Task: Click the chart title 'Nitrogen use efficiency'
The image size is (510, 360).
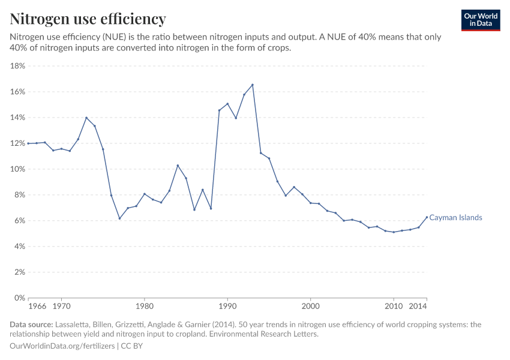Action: click(88, 19)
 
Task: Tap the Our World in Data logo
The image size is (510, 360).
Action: click(480, 20)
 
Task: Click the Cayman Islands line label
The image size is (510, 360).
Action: click(455, 218)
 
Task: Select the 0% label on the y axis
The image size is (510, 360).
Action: click(19, 298)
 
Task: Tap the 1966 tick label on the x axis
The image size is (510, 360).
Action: click(37, 307)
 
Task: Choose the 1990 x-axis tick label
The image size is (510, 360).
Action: click(227, 307)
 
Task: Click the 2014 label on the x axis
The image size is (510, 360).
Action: click(418, 307)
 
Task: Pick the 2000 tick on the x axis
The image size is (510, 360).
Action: click(310, 307)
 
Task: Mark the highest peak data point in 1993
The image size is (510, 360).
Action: click(252, 85)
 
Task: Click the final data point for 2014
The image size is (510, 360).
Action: click(427, 217)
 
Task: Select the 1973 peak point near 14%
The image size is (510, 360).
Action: click(86, 118)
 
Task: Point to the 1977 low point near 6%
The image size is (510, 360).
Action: click(119, 218)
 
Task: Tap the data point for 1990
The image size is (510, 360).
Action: click(227, 104)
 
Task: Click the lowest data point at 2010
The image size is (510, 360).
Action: click(394, 232)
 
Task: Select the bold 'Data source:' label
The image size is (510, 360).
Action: click(31, 325)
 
